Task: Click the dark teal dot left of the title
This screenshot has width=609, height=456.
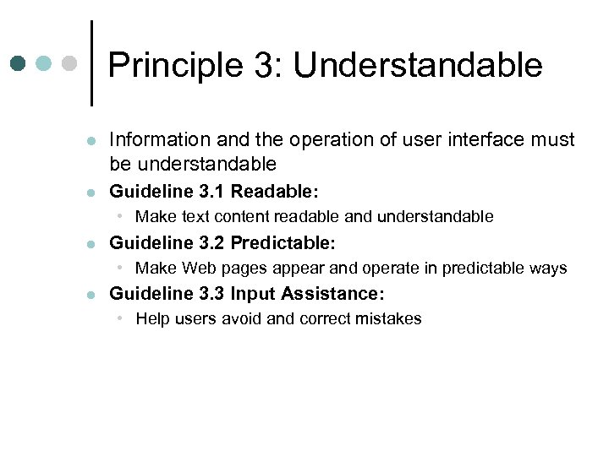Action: click(x=19, y=63)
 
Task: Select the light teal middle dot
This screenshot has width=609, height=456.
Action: click(x=44, y=63)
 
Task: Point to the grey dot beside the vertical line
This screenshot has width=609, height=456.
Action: click(x=69, y=63)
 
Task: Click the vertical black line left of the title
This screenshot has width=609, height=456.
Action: click(x=91, y=63)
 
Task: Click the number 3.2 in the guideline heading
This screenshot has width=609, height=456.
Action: click(x=210, y=243)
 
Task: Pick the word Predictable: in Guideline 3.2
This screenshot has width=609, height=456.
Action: click(x=283, y=243)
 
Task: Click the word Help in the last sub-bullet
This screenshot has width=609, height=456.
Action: click(x=152, y=319)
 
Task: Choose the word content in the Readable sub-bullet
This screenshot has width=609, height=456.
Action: click(x=245, y=217)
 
